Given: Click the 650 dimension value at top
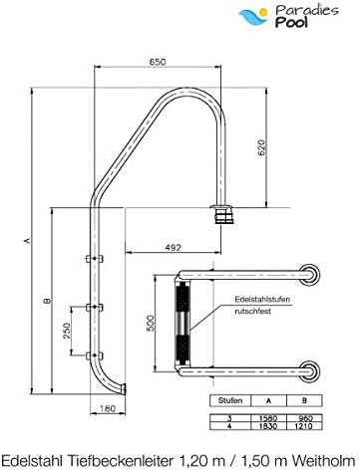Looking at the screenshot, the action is pyautogui.click(x=158, y=62).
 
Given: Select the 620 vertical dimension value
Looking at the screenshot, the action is pyautogui.click(x=262, y=148).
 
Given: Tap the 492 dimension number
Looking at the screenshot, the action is pyautogui.click(x=174, y=247).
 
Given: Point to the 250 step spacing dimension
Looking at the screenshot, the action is pyautogui.click(x=67, y=331).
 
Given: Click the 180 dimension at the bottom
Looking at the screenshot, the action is pyautogui.click(x=108, y=408).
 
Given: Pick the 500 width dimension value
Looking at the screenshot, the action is pyautogui.click(x=151, y=324).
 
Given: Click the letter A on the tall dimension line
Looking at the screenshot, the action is pyautogui.click(x=28, y=240).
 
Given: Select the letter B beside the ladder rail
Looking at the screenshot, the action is pyautogui.click(x=47, y=301).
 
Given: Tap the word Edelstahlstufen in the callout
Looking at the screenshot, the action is pyautogui.click(x=262, y=299).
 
